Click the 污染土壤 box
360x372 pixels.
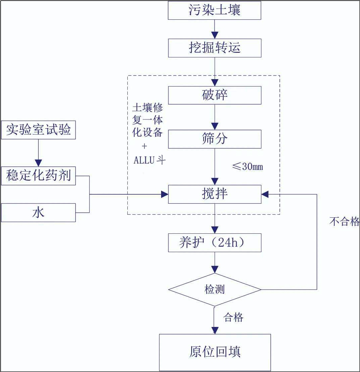(214, 11)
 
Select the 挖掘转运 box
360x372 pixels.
(214, 48)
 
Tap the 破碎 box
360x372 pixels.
(214, 95)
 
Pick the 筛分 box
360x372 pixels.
(214, 139)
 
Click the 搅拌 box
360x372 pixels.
(214, 194)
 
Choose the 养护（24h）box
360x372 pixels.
(214, 243)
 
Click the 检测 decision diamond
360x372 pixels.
(214, 290)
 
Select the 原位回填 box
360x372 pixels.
(214, 352)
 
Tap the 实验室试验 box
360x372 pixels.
(38, 130)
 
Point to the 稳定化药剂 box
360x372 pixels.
(38, 175)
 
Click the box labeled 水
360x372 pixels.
(38, 213)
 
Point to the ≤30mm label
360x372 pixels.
(247, 167)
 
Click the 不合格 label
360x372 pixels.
(344, 222)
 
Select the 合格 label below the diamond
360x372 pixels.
(233, 317)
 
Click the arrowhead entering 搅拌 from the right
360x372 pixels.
(265, 194)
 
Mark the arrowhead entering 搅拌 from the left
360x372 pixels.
(164, 194)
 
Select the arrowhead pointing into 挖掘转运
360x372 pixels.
(214, 35)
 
